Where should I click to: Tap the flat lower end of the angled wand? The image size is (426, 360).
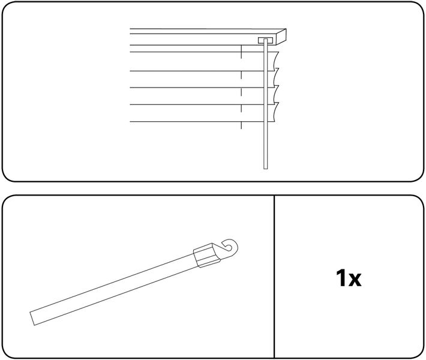pos(32,319)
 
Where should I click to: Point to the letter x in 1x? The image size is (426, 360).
pos(355,280)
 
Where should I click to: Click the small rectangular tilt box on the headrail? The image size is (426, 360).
pos(265,40)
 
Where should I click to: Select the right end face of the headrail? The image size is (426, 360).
pos(281,37)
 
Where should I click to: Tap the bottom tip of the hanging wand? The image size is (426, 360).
pos(265,168)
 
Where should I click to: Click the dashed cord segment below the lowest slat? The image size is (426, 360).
pos(241,125)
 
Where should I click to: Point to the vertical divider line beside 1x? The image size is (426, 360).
pos(274,277)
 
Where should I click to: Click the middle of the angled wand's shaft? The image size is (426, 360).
pos(114,289)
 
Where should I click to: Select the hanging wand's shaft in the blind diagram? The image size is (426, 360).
pos(265,106)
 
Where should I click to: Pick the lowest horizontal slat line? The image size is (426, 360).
pos(197,122)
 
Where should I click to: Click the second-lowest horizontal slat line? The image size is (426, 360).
pos(197,104)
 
